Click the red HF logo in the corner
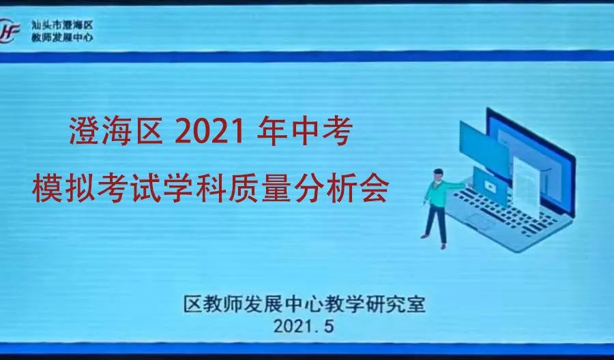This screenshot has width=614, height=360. click(x=10, y=31)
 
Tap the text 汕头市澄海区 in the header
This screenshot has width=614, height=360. click(x=62, y=25)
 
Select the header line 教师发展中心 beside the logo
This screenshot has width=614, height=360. click(x=62, y=37)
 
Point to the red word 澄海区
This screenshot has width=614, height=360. click(x=116, y=132)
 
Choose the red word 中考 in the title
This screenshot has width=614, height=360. click(x=321, y=132)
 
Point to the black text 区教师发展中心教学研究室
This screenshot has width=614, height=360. click(x=305, y=304)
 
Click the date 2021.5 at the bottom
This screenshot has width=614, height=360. click(x=304, y=326)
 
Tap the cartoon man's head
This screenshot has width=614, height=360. click(x=438, y=175)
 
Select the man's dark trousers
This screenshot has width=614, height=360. click(x=437, y=223)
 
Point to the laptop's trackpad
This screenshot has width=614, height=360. click(x=480, y=222)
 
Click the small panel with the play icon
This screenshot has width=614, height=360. click(x=490, y=187)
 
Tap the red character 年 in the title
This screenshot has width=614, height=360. click(x=272, y=132)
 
